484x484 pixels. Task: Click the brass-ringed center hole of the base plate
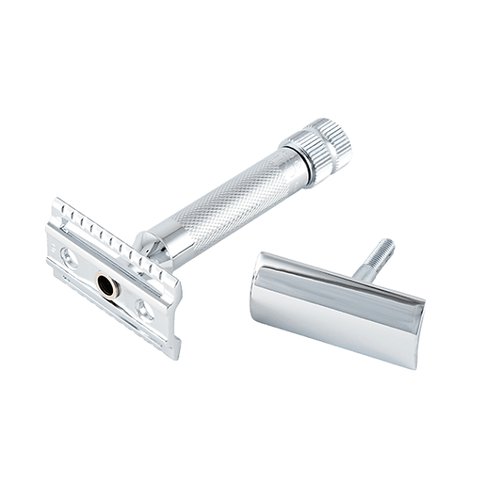[107, 286]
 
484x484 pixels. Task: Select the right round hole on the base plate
[145, 312]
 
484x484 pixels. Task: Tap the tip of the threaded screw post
[389, 244]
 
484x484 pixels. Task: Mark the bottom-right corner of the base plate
[176, 352]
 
